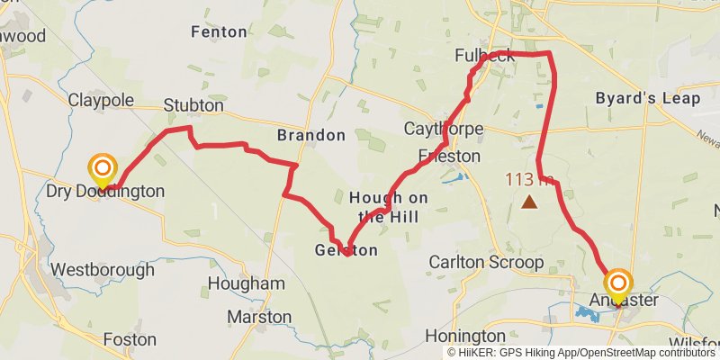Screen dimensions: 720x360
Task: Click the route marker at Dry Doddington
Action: coord(103,167)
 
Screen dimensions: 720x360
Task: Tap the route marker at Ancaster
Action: coord(617,282)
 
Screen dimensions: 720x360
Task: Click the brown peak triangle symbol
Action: coord(530,202)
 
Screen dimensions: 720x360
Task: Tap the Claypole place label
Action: coord(101,99)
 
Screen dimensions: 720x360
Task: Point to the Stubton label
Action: coord(193,105)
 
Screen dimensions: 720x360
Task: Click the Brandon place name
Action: coord(310,135)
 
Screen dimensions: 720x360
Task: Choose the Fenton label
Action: coord(219,31)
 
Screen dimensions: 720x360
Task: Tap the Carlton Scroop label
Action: coord(486,263)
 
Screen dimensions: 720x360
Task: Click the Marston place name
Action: coord(259,317)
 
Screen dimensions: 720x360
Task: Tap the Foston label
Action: coord(130,340)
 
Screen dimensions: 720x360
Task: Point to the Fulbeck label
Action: coord(485,56)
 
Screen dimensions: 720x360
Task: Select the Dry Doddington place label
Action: coord(105,191)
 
